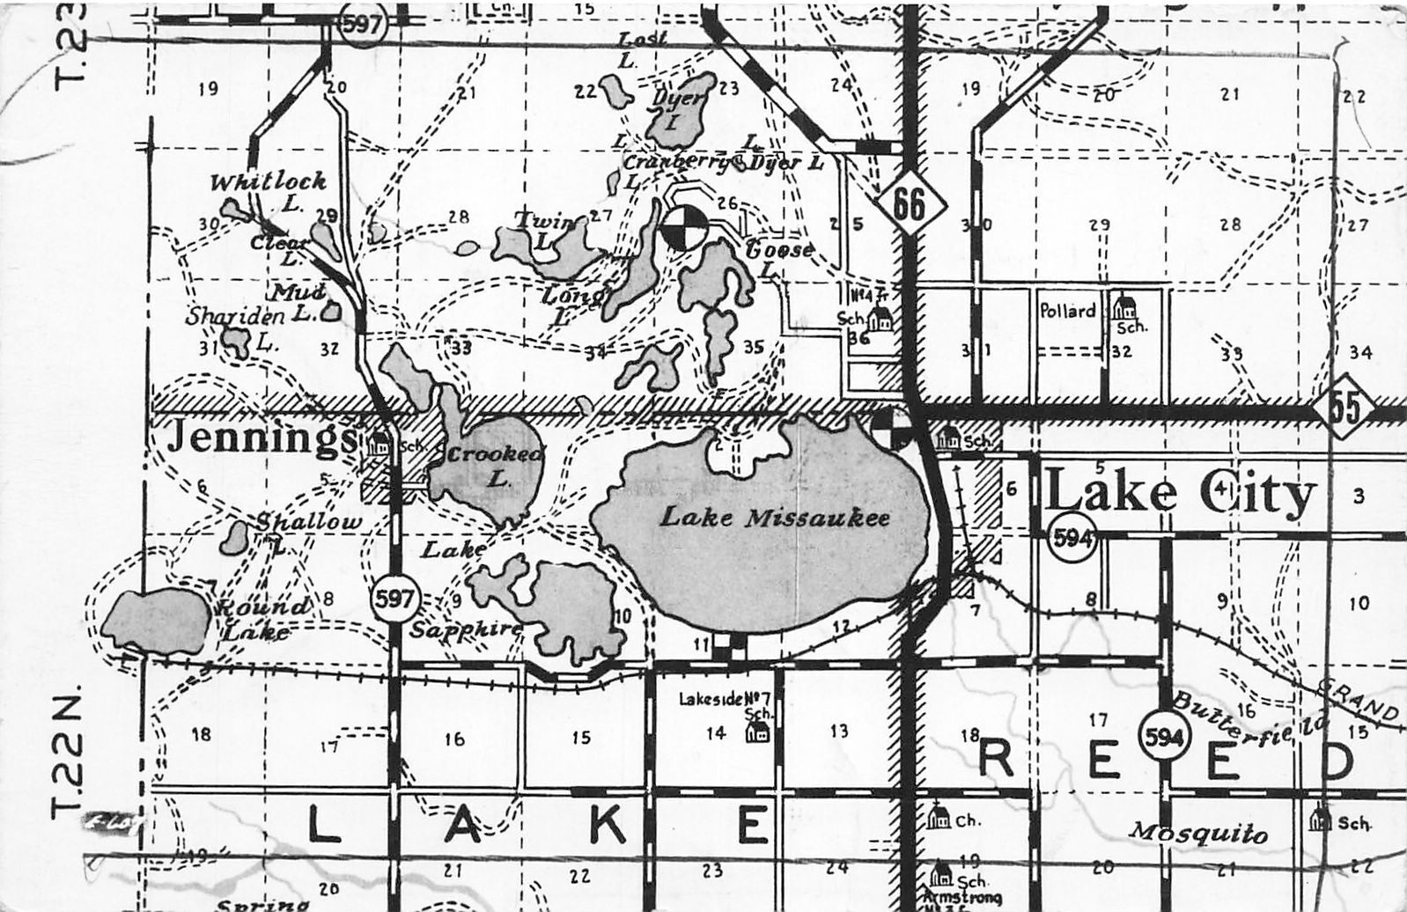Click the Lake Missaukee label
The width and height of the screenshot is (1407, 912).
click(774, 518)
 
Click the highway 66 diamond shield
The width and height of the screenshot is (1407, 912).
click(910, 205)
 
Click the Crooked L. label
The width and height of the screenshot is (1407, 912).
click(496, 465)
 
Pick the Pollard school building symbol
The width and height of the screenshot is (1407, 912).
click(1123, 307)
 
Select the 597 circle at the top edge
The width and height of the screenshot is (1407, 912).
click(362, 24)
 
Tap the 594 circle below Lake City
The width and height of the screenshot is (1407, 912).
click(1072, 538)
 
